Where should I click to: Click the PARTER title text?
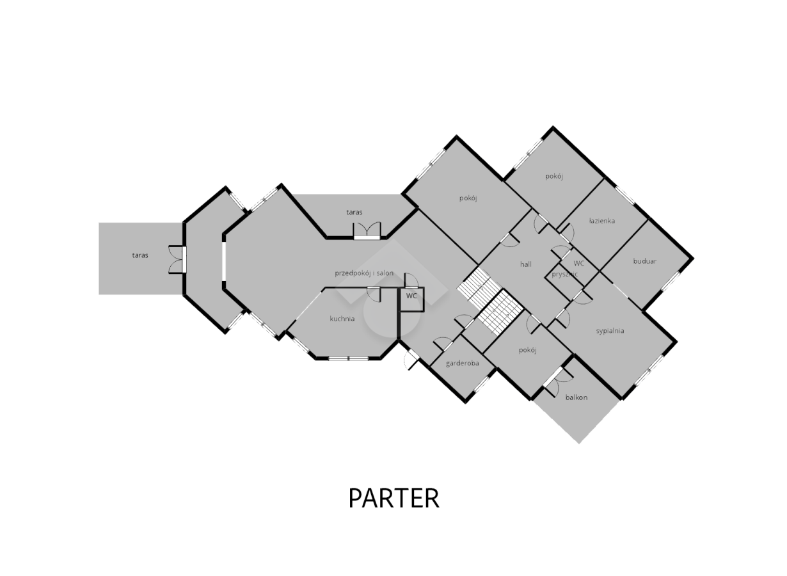(x=394, y=498)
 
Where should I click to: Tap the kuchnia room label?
(x=342, y=319)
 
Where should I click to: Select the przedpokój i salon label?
(x=364, y=273)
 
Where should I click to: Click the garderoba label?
(x=463, y=364)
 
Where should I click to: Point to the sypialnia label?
(x=610, y=331)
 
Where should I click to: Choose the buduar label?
(x=645, y=261)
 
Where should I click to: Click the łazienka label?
(x=602, y=221)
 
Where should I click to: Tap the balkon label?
(x=576, y=397)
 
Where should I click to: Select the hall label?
(x=525, y=264)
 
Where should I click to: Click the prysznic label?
(x=564, y=274)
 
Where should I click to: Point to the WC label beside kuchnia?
(x=411, y=296)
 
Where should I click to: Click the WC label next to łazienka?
(x=578, y=263)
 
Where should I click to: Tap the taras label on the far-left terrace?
(x=140, y=255)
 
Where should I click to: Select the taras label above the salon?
(x=354, y=212)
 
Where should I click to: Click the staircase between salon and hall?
(x=491, y=301)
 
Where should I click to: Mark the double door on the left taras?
(x=177, y=260)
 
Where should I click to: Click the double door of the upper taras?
(x=367, y=230)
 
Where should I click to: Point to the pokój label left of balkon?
(x=527, y=350)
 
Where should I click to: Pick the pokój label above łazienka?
(x=554, y=177)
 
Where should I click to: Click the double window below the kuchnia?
(x=348, y=359)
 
